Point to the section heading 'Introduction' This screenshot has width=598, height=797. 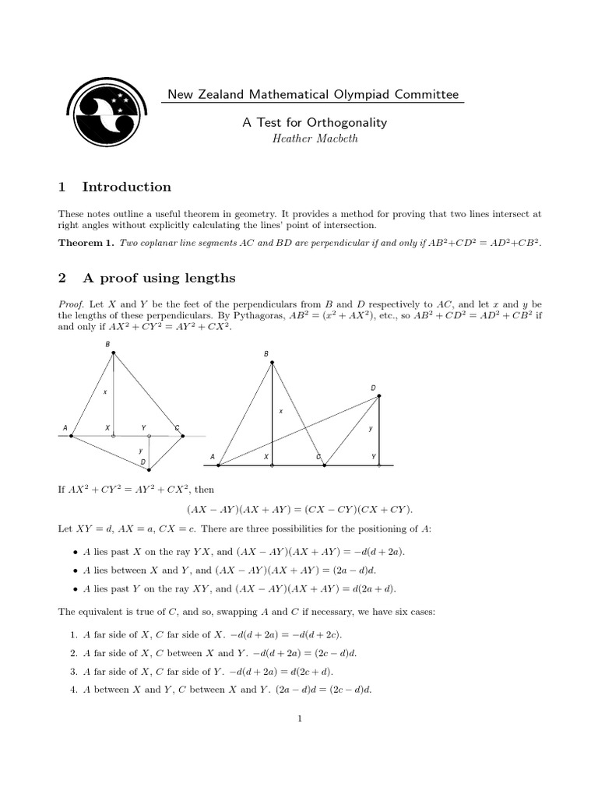[x=126, y=187]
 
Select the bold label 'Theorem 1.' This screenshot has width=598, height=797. [x=86, y=243]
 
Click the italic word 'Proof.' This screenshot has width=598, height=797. [x=71, y=303]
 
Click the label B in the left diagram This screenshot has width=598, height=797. [x=107, y=344]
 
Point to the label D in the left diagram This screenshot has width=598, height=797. [x=143, y=462]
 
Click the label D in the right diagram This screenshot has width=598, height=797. [x=373, y=387]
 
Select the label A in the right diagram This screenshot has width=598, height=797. [x=212, y=457]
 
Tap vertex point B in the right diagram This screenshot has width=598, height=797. [x=271, y=362]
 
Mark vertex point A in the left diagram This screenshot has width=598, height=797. [x=72, y=436]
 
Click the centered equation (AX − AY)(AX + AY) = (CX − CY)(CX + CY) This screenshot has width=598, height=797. [x=300, y=509]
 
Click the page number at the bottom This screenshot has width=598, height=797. [x=299, y=718]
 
